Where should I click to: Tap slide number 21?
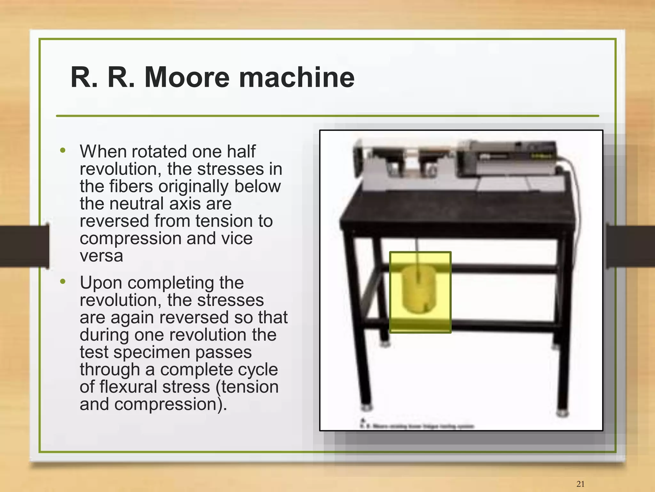click(x=580, y=484)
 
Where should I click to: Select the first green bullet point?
click(x=63, y=150)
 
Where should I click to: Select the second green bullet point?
click(x=63, y=281)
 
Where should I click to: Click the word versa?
click(x=101, y=256)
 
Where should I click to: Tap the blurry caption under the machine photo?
click(x=417, y=426)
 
